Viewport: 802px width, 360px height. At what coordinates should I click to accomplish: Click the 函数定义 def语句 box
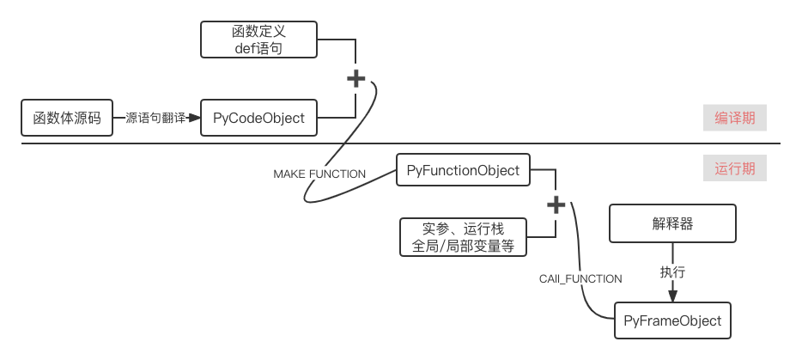point(258,40)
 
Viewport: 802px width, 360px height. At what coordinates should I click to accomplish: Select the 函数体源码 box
point(67,118)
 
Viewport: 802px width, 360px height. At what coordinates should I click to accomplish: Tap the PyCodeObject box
point(258,118)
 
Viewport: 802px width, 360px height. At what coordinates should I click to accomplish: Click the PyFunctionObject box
point(463,170)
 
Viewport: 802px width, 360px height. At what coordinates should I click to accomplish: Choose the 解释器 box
point(672,223)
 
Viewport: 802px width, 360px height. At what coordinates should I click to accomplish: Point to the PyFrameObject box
point(672,320)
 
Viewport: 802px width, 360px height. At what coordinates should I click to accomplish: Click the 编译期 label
point(735,118)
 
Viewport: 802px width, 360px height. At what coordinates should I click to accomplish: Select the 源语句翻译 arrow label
point(155,118)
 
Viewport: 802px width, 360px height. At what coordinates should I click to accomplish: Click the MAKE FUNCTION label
point(319,174)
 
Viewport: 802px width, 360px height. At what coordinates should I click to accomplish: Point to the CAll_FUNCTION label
point(580,278)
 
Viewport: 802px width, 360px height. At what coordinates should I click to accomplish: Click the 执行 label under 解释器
point(672,272)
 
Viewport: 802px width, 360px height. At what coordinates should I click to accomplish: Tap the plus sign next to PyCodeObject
point(355,79)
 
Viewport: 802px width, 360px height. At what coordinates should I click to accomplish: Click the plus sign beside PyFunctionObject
point(556,204)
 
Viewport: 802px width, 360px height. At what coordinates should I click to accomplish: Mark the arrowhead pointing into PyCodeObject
point(197,118)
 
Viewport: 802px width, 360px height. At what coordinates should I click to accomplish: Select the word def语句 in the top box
point(258,49)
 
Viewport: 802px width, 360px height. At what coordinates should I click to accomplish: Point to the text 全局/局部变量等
point(463,246)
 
